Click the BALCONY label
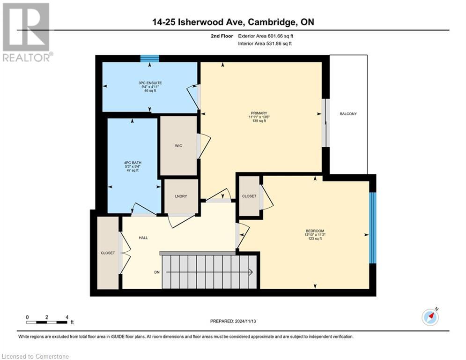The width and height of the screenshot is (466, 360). pos(348,114)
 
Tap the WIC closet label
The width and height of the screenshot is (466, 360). pos(178,146)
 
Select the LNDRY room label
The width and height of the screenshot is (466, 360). pos(181,196)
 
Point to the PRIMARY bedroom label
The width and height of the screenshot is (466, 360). pos(259,113)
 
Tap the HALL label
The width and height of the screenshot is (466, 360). pos(143,238)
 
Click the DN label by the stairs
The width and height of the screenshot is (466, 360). pos(157,272)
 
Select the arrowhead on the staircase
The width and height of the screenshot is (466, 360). pos(251,272)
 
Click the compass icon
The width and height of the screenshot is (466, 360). pos(430,317)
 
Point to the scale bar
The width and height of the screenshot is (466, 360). pos(47,322)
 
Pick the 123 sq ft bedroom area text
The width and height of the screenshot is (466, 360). pos(315,239)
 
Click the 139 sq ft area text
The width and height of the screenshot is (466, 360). pos(259,121)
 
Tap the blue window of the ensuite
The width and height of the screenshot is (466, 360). pos(150,59)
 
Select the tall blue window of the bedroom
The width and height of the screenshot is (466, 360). pos(372,228)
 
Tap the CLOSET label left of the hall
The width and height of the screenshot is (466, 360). pos(108,253)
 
